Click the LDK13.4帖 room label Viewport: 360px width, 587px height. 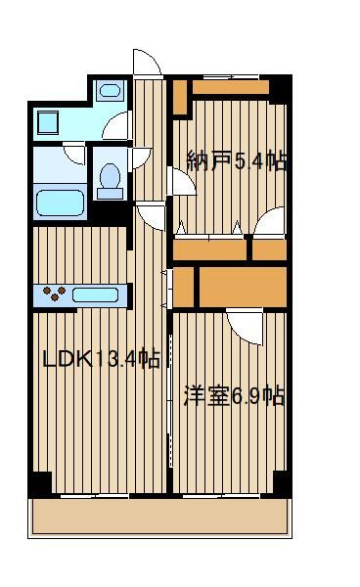click(x=102, y=359)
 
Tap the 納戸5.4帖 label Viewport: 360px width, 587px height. click(x=237, y=161)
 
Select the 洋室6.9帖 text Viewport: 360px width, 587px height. click(x=234, y=396)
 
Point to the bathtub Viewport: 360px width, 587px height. click(x=60, y=203)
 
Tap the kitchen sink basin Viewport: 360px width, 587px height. click(x=96, y=295)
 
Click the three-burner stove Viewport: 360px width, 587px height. click(x=54, y=293)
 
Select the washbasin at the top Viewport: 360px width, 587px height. click(x=110, y=90)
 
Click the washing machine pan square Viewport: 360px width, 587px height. click(x=48, y=122)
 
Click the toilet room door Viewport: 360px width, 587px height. click(x=141, y=158)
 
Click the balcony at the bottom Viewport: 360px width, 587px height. click(x=159, y=519)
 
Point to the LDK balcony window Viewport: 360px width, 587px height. click(x=95, y=496)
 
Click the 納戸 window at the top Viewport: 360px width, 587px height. click(x=231, y=77)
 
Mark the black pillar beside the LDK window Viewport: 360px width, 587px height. click(x=40, y=483)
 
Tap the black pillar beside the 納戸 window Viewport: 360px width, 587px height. click(x=280, y=89)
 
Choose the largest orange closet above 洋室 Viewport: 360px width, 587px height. click(x=243, y=287)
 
